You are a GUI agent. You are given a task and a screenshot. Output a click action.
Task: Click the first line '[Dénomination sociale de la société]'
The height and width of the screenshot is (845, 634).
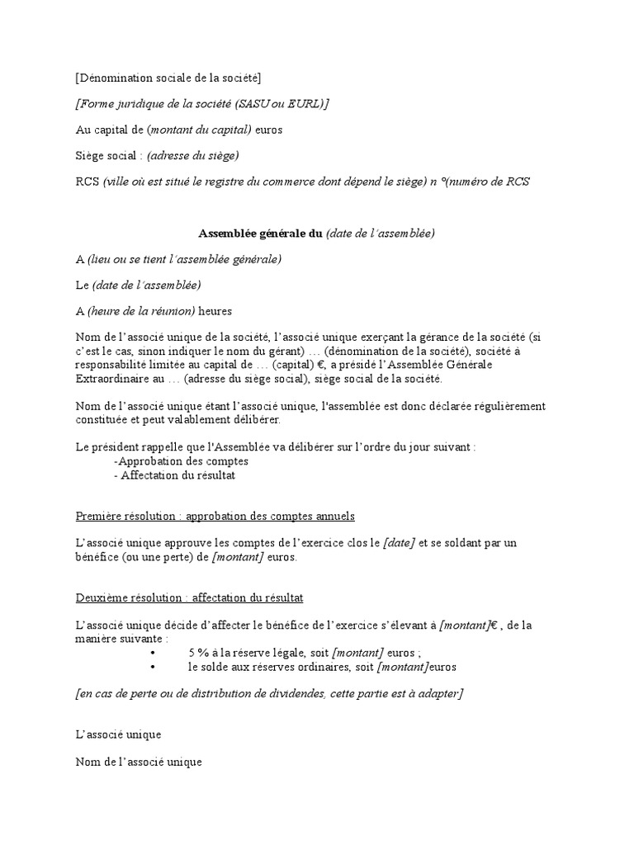pyautogui.click(x=168, y=78)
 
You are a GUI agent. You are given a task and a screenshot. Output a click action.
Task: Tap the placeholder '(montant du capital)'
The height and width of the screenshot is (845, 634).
pyautogui.click(x=199, y=130)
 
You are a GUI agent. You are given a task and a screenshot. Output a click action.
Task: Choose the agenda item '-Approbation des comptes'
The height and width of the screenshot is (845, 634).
pyautogui.click(x=182, y=460)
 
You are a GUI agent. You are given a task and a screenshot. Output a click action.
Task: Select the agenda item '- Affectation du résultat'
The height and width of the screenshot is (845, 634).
pyautogui.click(x=175, y=474)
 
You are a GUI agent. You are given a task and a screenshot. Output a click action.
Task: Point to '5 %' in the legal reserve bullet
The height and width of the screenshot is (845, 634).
pyautogui.click(x=199, y=652)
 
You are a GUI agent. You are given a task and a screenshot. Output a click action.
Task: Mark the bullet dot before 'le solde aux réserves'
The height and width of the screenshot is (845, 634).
pyautogui.click(x=154, y=666)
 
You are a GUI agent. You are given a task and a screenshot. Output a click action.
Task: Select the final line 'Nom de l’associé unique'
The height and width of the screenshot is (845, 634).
pyautogui.click(x=139, y=762)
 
